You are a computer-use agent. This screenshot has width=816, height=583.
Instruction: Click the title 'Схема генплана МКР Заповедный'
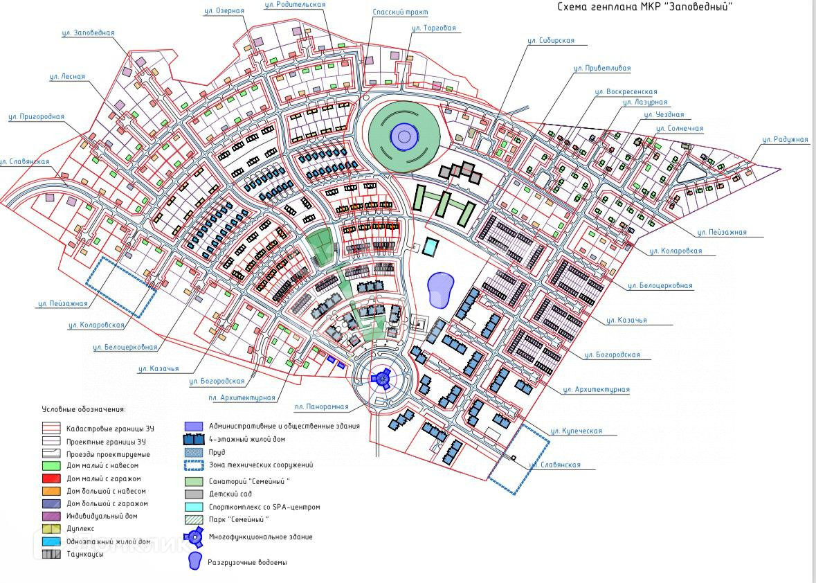pos(644,7)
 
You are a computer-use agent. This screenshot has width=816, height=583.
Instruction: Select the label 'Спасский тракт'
pos(400,12)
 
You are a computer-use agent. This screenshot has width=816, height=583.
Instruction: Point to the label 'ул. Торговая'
pos(433,28)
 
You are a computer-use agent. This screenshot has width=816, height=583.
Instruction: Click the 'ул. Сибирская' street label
pos(551,41)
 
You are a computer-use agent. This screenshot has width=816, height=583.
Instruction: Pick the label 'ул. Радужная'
pos(785,140)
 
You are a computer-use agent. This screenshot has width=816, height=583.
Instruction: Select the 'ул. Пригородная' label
pos(36,117)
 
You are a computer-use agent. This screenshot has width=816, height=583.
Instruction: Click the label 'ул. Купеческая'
pos(576,431)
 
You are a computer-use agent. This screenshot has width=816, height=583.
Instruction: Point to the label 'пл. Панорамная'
pos(321,407)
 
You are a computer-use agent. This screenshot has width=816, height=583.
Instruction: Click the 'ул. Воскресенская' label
pos(626,91)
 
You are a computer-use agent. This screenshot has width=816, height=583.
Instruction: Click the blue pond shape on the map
pos(440,289)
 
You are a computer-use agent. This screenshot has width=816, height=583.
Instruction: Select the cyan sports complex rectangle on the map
pos(431,246)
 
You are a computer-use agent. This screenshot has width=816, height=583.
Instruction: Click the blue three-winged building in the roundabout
pos(380,378)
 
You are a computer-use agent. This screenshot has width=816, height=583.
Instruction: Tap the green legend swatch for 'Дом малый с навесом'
pos(51,466)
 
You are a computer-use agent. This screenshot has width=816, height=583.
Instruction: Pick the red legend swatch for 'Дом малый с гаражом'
pos(51,478)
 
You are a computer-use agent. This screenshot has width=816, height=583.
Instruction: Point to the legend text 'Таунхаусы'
pos(85,554)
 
